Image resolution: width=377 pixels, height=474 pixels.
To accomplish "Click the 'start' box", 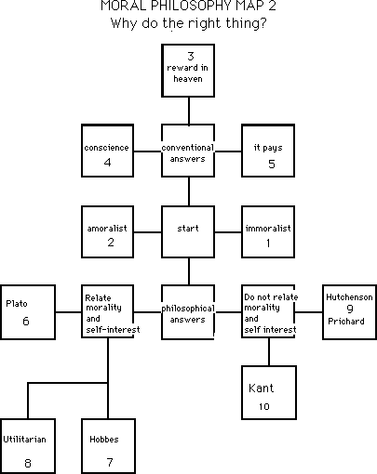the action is (x=188, y=231).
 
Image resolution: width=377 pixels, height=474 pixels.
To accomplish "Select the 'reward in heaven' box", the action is (x=188, y=71).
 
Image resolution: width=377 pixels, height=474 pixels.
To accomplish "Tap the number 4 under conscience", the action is (x=107, y=162).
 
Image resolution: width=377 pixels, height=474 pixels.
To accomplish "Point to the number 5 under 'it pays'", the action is (x=272, y=164).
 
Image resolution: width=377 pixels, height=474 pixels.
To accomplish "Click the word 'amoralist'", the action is (x=107, y=229).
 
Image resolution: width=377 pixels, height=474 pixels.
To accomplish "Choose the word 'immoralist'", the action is (x=268, y=229).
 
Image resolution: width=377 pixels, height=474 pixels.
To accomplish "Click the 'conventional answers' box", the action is (x=188, y=151).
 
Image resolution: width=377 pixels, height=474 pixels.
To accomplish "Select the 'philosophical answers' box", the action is (x=188, y=312).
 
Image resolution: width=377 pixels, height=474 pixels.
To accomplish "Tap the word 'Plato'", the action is (x=17, y=303).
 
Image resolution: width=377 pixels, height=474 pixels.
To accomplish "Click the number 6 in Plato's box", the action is (x=26, y=321).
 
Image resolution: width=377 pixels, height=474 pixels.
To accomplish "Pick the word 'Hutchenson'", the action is (x=349, y=297).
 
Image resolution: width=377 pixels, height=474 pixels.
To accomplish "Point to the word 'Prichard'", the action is (x=346, y=322).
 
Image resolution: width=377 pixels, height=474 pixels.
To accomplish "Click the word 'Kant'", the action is (x=262, y=388).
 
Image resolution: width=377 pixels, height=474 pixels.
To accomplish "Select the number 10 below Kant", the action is (x=264, y=406).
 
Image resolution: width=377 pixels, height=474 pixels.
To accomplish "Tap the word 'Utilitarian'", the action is (x=24, y=440).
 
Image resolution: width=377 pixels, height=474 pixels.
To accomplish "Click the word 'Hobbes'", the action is (x=104, y=440).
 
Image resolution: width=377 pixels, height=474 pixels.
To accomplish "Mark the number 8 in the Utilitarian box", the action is (x=28, y=463).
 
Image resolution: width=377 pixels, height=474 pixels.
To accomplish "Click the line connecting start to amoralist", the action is (x=148, y=232).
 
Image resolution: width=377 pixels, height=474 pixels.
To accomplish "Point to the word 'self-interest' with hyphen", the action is (x=113, y=330).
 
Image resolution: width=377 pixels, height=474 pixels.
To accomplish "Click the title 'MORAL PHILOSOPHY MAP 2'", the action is (x=188, y=6).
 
